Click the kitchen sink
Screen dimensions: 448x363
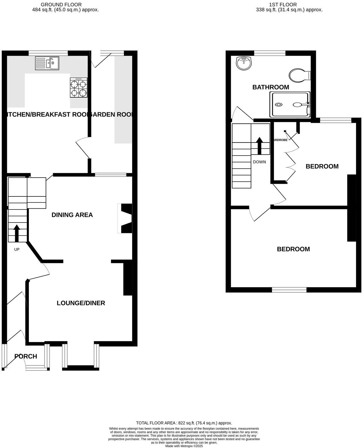click(47, 63)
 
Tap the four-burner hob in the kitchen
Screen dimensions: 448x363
click(79, 87)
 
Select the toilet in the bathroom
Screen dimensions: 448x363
click(299, 75)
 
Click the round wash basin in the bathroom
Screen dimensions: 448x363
click(244, 63)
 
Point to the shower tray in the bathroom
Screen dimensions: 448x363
click(290, 105)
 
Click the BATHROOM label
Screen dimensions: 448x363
click(271, 87)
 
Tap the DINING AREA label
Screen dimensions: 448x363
click(72, 215)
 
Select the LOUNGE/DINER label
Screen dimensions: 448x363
click(81, 303)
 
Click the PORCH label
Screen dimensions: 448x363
click(26, 356)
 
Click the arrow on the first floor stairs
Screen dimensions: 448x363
click(260, 146)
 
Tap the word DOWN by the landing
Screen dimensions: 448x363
click(259, 162)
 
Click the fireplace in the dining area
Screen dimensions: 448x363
click(125, 218)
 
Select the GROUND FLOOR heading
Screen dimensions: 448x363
click(61, 4)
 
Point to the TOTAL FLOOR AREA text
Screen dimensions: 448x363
click(184, 423)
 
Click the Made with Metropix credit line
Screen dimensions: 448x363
click(184, 446)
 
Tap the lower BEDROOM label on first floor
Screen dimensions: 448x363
click(293, 249)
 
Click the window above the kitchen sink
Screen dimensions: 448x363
click(48, 53)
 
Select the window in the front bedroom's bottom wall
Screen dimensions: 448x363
click(289, 290)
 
